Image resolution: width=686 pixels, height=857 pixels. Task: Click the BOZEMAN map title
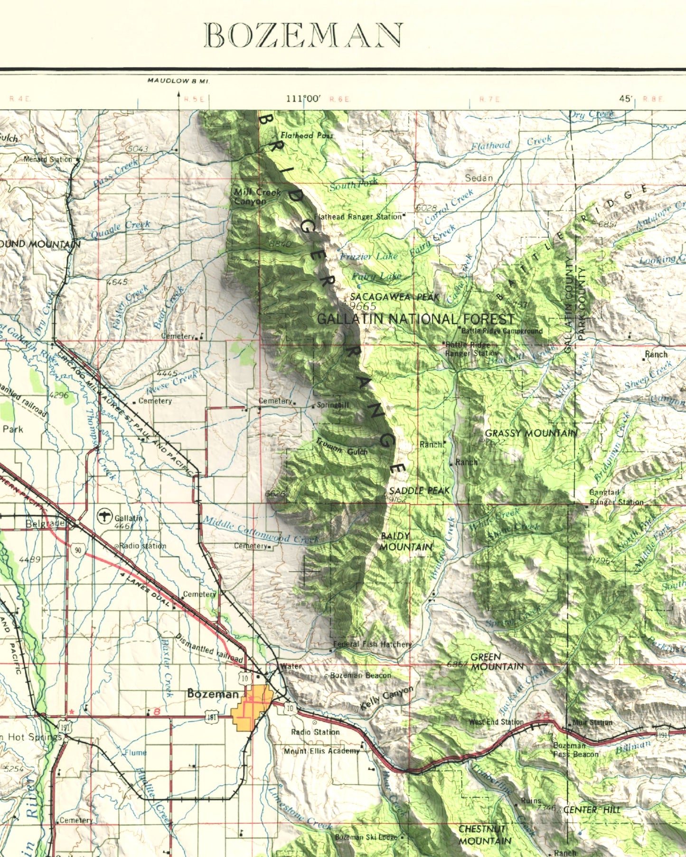tap(303, 36)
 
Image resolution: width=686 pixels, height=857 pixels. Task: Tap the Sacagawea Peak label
tap(395, 297)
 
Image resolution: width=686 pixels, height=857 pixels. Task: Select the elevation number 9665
tap(362, 307)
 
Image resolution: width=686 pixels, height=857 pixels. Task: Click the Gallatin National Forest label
tap(415, 319)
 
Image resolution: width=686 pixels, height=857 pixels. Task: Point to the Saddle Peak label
tap(419, 491)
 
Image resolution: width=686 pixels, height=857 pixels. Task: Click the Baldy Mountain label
tap(406, 541)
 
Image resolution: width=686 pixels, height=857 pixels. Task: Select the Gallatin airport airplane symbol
tap(104, 517)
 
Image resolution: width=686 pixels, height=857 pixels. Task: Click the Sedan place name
tap(479, 178)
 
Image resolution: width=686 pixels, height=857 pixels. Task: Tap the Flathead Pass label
tap(306, 135)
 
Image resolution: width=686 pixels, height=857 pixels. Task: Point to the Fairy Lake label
tap(376, 276)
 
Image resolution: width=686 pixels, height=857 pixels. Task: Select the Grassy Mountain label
tap(531, 433)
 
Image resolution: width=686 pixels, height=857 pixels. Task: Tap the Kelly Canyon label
tap(386, 698)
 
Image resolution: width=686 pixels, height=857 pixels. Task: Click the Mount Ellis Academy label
tap(322, 751)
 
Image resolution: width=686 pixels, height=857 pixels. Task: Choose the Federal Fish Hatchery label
tap(372, 644)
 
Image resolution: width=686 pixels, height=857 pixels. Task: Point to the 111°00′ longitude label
tap(303, 99)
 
